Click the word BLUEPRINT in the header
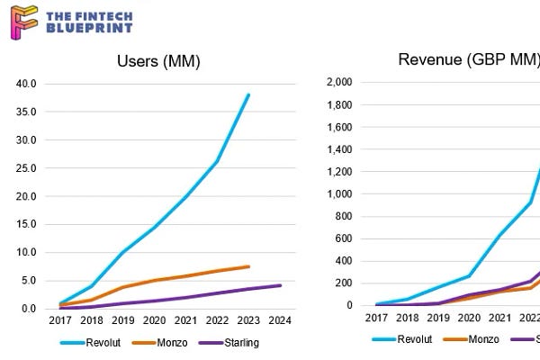[88, 28]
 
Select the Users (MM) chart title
[158, 61]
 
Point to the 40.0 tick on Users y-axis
[27, 84]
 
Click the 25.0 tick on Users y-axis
[27, 168]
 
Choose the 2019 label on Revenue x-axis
[437, 319]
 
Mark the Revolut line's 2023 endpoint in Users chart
[249, 94]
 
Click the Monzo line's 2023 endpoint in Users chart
[249, 266]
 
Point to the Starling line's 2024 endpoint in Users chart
[281, 285]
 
